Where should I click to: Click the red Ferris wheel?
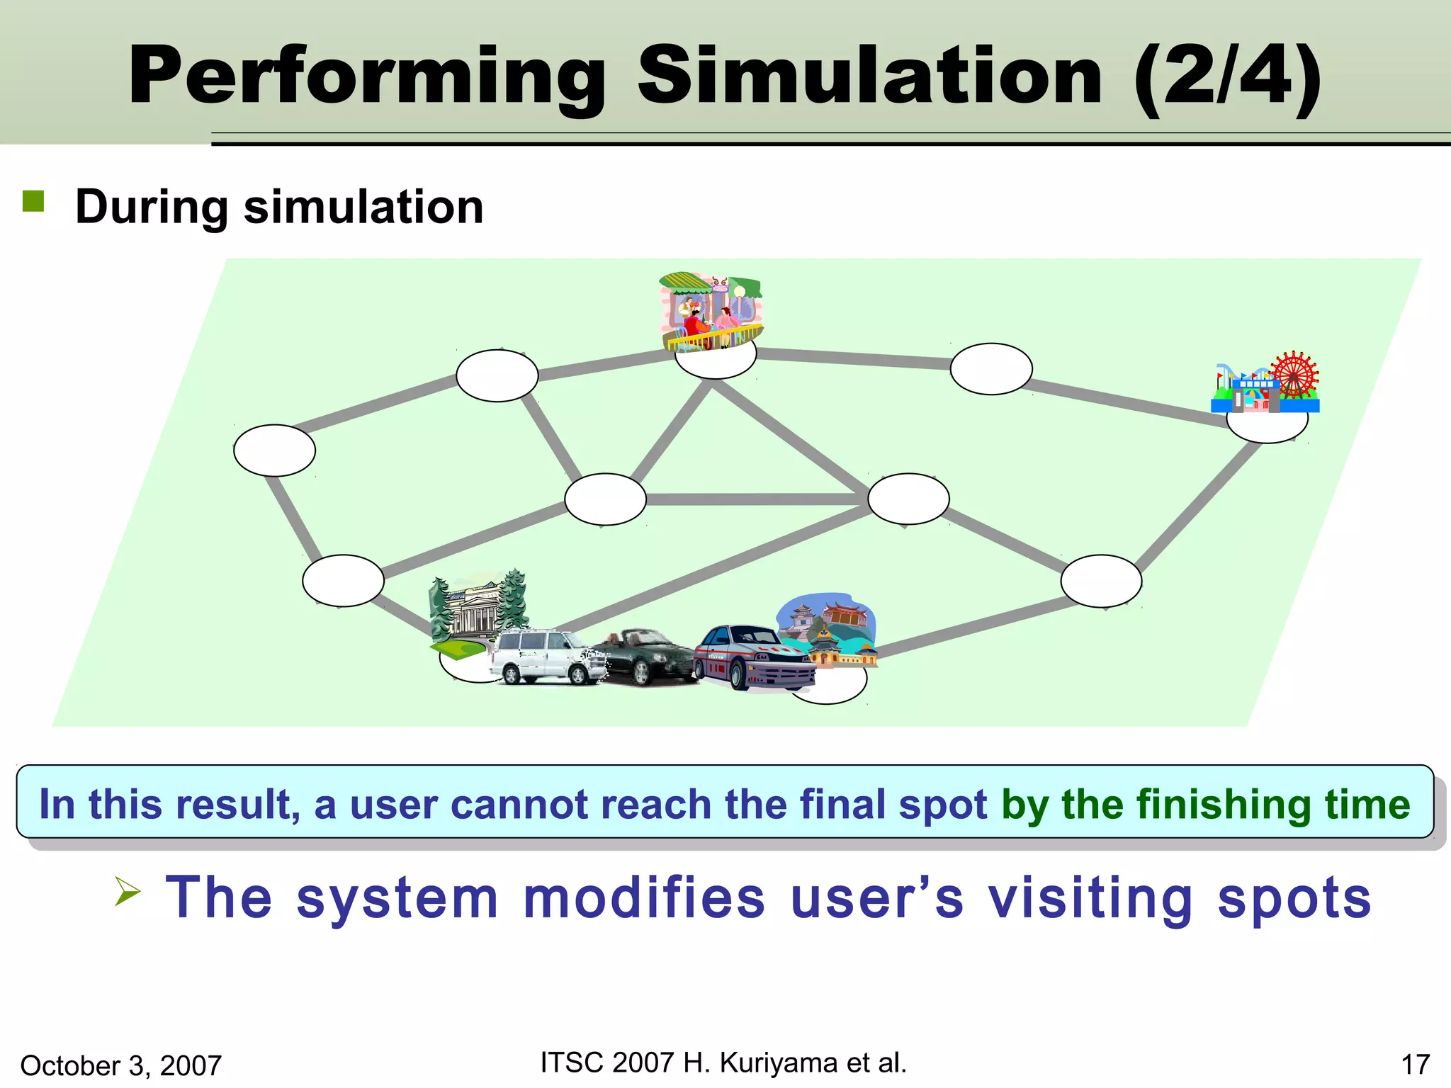(x=1294, y=375)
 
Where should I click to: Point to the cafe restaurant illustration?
(x=711, y=312)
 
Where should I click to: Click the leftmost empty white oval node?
(x=274, y=450)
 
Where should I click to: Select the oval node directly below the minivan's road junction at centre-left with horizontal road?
(x=605, y=499)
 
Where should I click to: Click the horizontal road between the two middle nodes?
(x=756, y=499)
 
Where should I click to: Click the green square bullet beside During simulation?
(x=33, y=201)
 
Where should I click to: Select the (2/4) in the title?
(x=1227, y=76)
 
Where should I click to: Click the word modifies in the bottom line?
(x=644, y=897)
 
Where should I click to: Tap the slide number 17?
(x=1415, y=1065)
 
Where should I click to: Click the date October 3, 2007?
(x=121, y=1065)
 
